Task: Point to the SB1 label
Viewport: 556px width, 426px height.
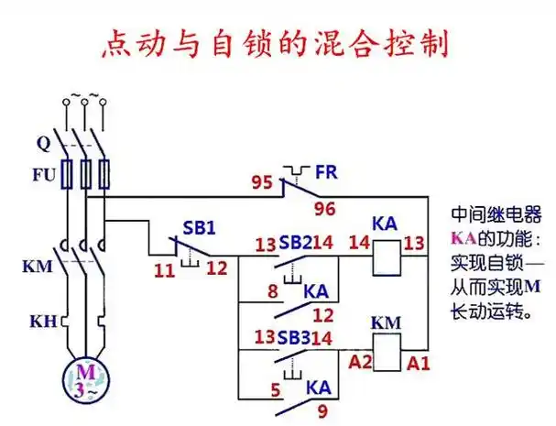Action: point(191,227)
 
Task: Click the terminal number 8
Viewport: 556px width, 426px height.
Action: point(272,292)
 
